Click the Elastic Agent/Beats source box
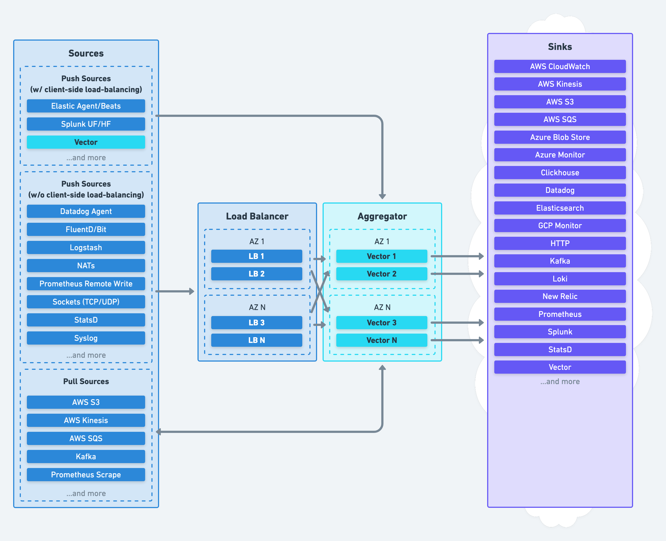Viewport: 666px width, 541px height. click(x=86, y=106)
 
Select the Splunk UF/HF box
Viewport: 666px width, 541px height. click(x=86, y=124)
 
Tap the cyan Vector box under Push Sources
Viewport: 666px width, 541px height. click(x=86, y=142)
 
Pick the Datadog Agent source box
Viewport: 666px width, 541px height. click(x=86, y=211)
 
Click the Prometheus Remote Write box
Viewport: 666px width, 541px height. click(x=86, y=284)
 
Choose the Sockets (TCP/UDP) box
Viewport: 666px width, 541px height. click(x=86, y=302)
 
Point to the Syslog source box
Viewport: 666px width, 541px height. click(x=86, y=338)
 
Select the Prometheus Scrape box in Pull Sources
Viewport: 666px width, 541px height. click(x=86, y=475)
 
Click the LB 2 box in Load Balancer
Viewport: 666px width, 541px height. click(x=256, y=274)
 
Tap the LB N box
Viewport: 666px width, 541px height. click(x=256, y=340)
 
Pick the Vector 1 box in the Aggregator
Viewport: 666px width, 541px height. click(x=381, y=256)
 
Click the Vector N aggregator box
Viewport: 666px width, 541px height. click(x=381, y=340)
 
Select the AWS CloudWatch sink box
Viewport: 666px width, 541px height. click(x=560, y=66)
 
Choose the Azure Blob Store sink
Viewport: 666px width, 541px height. click(x=560, y=137)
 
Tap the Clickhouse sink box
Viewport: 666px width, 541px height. click(x=560, y=173)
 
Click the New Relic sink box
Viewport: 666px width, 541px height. click(x=560, y=296)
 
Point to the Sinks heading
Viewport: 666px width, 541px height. click(x=560, y=47)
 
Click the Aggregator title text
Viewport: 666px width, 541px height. click(x=382, y=216)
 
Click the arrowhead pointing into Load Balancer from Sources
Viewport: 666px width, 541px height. click(x=191, y=291)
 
